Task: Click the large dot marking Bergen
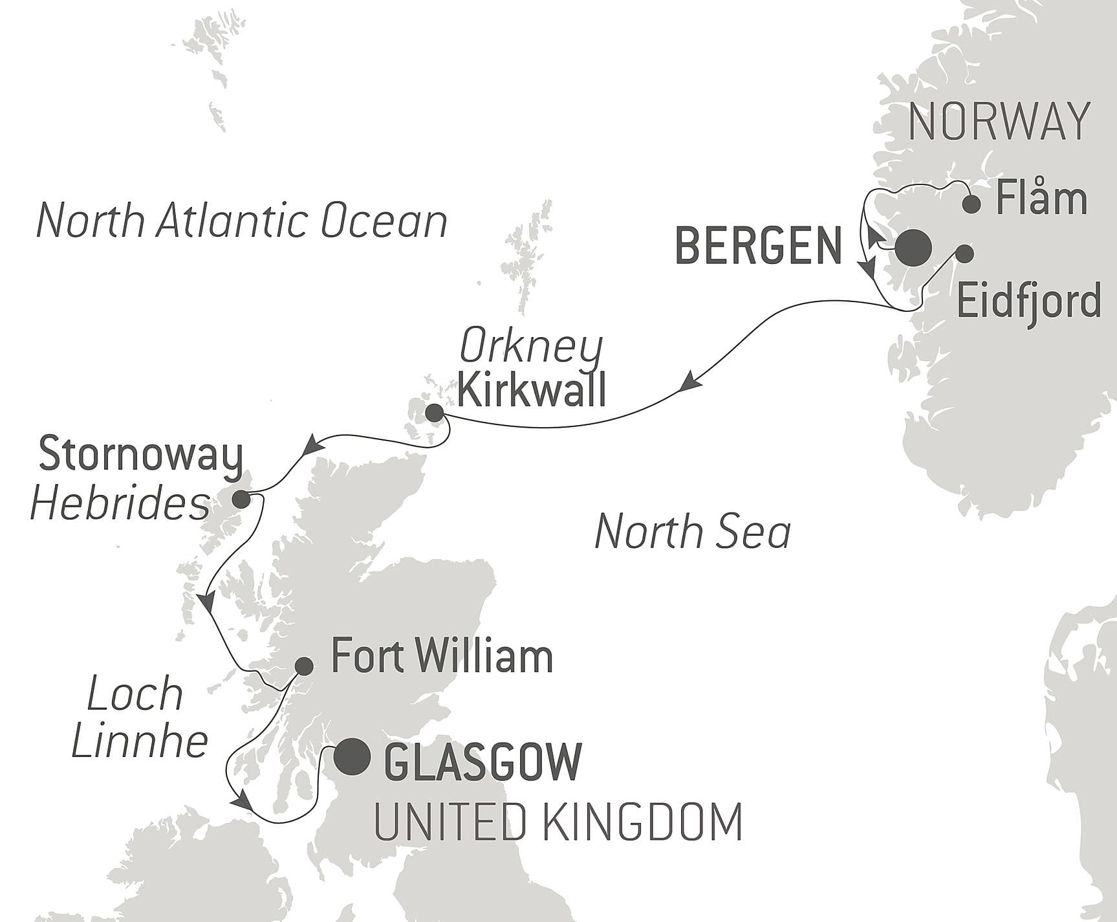click(x=913, y=247)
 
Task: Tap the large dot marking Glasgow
click(x=352, y=756)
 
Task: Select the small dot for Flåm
click(x=971, y=204)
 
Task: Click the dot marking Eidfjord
click(x=964, y=254)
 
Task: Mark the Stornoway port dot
click(x=241, y=499)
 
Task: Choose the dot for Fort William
click(x=304, y=666)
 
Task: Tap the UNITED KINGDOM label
click(x=558, y=822)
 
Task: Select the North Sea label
click(x=692, y=531)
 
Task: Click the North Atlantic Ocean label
click(x=242, y=221)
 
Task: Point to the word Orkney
click(x=530, y=348)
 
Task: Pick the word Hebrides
click(x=120, y=504)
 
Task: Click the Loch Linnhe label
click(x=138, y=718)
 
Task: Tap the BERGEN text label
click(x=758, y=247)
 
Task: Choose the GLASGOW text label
click(x=483, y=762)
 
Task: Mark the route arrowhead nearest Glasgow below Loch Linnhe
click(x=242, y=800)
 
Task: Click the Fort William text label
click(x=442, y=657)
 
